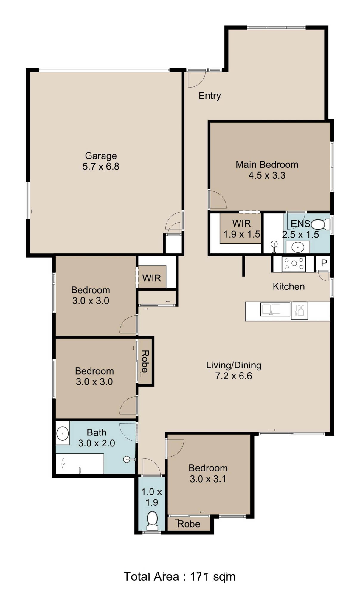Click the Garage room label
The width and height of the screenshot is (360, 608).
(x=101, y=156)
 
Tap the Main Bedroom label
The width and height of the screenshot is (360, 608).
(x=267, y=165)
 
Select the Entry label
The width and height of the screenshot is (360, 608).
(x=210, y=96)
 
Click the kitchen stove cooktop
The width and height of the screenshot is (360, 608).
(x=294, y=264)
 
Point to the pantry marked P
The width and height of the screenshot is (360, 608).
(x=324, y=263)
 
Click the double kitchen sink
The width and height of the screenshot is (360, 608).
(x=275, y=309)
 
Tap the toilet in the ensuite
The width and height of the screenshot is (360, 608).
(x=321, y=224)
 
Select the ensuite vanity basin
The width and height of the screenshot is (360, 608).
(x=298, y=247)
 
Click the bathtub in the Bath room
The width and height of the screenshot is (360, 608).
(x=80, y=463)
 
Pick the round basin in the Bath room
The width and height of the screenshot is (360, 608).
(x=63, y=433)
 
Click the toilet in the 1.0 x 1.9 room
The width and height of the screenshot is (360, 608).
(x=152, y=521)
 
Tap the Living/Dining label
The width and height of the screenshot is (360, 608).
(x=234, y=365)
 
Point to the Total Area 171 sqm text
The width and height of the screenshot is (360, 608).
(x=180, y=576)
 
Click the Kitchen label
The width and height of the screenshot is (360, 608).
(x=288, y=286)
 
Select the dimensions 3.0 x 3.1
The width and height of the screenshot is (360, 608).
(x=208, y=479)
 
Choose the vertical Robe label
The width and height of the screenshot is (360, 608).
(x=145, y=361)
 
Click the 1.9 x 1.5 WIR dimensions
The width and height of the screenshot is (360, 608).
(x=242, y=234)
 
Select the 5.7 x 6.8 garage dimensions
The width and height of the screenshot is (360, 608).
(x=101, y=166)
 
